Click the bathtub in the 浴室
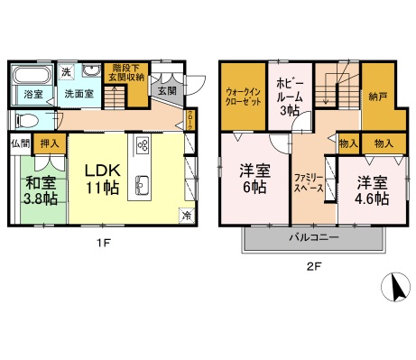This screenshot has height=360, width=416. click(x=33, y=74)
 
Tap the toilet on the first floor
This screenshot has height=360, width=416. click(x=25, y=120)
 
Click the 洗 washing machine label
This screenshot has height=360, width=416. click(x=66, y=71)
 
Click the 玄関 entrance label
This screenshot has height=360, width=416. click(x=168, y=90)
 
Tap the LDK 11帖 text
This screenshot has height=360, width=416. click(x=104, y=179)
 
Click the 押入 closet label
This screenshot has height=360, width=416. click(x=50, y=143)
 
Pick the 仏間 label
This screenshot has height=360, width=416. click(x=19, y=143)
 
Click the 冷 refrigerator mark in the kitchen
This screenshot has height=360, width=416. click(x=186, y=215)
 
